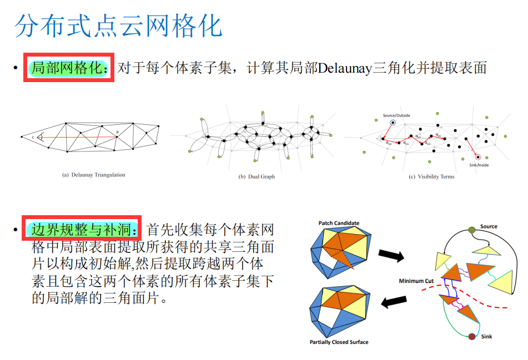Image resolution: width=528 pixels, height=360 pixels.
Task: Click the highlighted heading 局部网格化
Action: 68,68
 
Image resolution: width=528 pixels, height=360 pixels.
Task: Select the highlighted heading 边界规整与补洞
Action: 83,229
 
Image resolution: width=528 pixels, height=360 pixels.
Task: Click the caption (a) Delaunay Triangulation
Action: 93,175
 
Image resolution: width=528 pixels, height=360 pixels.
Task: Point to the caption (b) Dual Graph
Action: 257,176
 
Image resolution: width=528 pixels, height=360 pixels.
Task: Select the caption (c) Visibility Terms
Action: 431,176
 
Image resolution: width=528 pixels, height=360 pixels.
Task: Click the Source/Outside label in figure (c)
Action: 396,115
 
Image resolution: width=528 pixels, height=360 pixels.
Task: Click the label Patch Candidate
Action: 339,223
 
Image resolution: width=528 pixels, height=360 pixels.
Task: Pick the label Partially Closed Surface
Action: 339,342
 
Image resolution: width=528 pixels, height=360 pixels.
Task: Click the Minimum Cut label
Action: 416,281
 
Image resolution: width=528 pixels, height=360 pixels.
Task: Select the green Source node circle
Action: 471,229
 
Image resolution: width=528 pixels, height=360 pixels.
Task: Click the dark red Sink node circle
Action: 472,336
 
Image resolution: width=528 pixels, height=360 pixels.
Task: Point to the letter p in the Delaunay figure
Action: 118,131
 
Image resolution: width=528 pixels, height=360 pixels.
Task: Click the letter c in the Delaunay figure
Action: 33,136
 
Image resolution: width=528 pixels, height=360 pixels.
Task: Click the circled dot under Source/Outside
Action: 393,123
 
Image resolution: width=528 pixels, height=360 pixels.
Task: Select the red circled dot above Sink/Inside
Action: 477,157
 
